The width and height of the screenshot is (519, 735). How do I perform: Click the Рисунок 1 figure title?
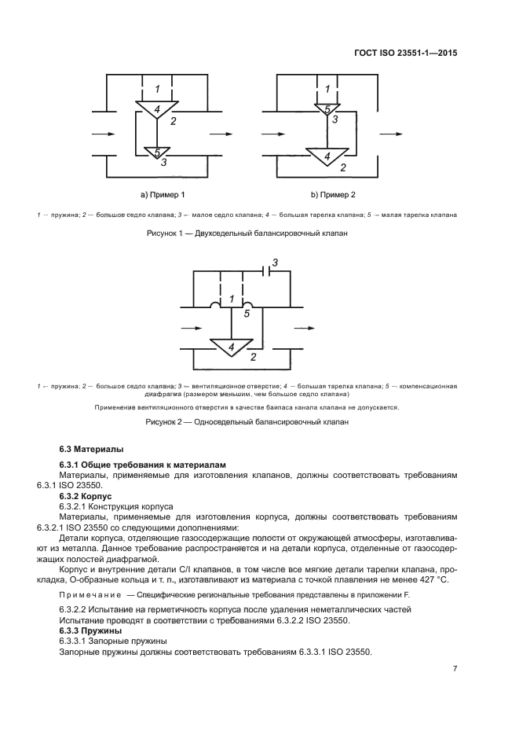247,233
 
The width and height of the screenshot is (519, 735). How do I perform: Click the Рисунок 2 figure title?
247,422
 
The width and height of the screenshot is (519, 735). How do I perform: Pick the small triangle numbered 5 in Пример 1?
157,152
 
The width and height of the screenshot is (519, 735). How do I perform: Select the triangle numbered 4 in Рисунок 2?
231,347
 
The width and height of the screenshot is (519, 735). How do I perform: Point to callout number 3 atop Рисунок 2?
275,262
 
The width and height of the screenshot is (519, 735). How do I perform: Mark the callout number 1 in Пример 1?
158,88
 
